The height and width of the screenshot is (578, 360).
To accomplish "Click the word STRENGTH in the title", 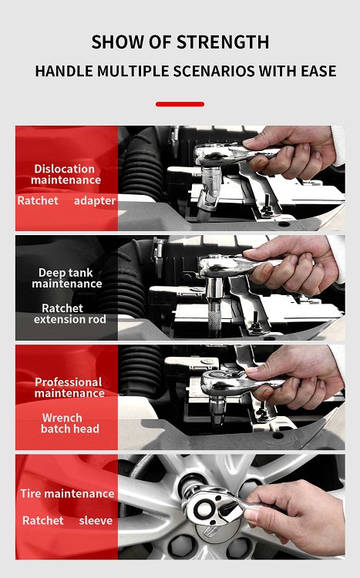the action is point(223,42).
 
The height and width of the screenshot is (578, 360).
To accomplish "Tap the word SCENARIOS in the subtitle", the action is point(214,71).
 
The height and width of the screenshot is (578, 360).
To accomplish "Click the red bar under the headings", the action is point(180,104).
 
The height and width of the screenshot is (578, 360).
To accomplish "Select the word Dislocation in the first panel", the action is point(65,169).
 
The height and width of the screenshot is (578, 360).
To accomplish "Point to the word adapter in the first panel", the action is point(95,201).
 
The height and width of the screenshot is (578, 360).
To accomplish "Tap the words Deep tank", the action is point(66,273).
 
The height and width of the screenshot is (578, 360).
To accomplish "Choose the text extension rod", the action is point(69,319).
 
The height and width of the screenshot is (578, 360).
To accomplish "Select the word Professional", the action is point(69,382).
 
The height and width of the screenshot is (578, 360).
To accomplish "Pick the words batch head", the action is point(69,428).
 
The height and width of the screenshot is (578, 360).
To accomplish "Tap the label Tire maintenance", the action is point(68,493).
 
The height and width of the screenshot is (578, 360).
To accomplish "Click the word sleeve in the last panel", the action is point(96,520).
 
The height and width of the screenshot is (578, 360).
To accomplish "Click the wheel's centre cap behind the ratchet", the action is point(215,531).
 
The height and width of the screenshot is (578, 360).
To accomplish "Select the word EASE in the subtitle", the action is point(318,71).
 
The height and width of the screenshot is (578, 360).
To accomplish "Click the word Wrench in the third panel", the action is point(62,418).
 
